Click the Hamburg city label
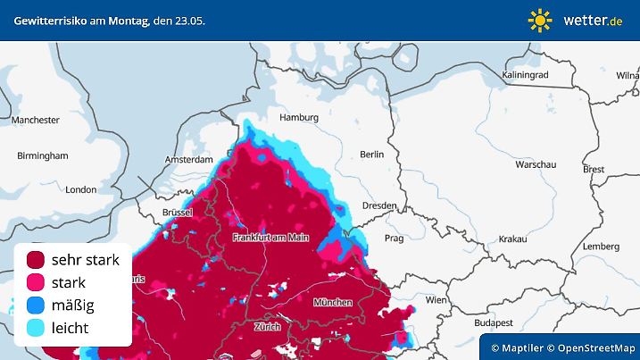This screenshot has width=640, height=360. [299, 118]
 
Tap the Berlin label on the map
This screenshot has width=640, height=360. [371, 155]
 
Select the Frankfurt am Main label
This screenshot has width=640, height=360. [270, 238]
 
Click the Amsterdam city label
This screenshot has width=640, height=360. [188, 160]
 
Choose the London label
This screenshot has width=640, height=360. [80, 189]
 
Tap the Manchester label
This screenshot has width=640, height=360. [36, 120]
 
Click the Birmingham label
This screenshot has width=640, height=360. [43, 155]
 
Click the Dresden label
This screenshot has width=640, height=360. [378, 205]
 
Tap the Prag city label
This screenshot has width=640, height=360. [394, 239]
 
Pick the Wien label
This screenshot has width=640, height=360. [436, 300]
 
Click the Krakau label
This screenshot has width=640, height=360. [512, 239]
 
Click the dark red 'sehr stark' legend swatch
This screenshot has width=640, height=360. [36, 260]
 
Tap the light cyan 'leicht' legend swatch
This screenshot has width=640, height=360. [36, 328]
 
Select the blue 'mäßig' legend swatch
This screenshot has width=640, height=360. [36, 306]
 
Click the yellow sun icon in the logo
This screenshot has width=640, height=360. [540, 20]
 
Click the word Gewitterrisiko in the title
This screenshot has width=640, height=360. [49, 20]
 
